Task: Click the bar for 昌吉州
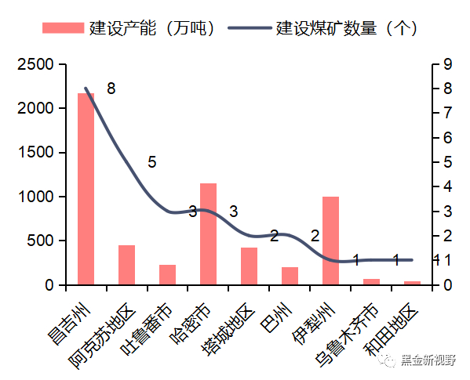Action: click(x=86, y=189)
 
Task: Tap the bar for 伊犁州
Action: click(x=330, y=241)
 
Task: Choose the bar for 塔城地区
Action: click(x=249, y=266)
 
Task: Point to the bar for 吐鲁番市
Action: click(x=167, y=275)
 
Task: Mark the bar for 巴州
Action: click(x=290, y=276)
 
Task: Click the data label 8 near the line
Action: click(x=111, y=89)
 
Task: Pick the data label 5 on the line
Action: click(x=151, y=162)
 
